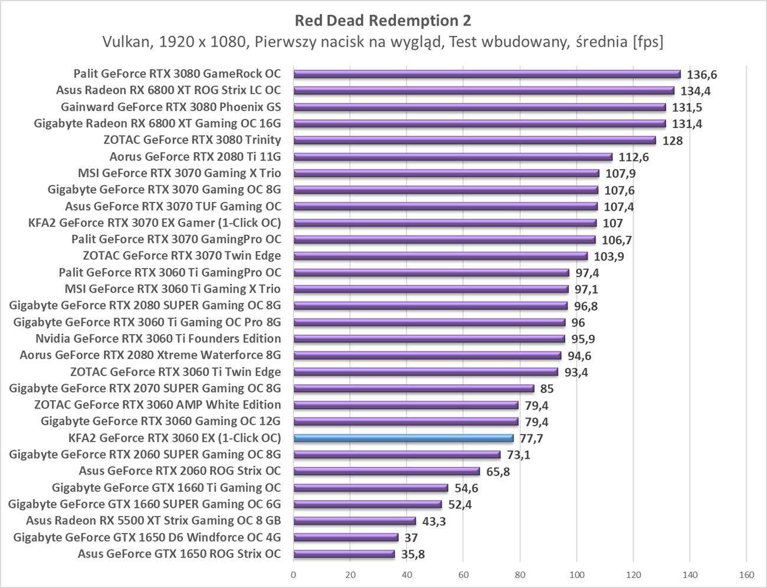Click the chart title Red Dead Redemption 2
point(383,21)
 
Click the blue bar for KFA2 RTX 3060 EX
point(404,438)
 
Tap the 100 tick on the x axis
point(576,574)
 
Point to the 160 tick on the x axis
point(746,574)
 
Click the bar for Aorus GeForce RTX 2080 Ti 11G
point(453,157)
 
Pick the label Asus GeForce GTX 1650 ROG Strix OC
point(179,554)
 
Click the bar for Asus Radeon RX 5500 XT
point(355,521)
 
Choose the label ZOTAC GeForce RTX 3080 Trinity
point(192,140)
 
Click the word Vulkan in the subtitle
point(125,42)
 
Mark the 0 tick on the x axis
point(293,574)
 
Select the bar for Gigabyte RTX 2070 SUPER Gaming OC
point(414,388)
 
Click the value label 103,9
point(609,257)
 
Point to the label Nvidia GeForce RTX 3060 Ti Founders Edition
point(158,338)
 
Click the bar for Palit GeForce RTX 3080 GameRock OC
point(487,74)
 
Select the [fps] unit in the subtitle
point(647,42)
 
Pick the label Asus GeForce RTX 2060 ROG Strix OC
point(180,471)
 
